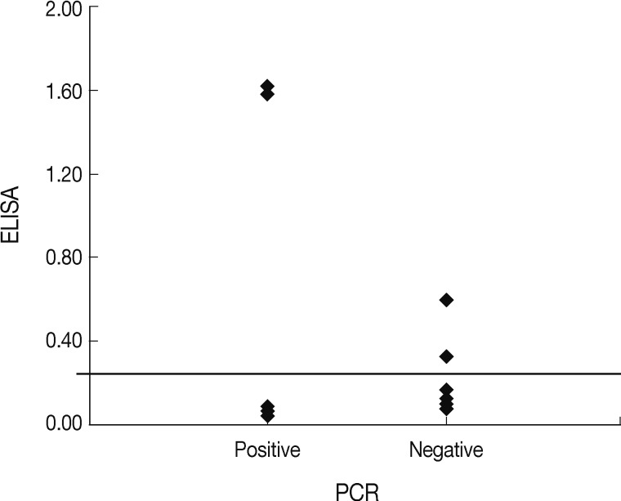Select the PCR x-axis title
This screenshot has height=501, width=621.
(x=357, y=491)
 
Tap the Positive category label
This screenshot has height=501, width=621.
(x=267, y=450)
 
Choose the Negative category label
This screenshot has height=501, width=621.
(x=446, y=450)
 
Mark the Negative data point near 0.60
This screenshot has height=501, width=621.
(x=446, y=300)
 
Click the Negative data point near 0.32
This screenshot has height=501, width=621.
(x=446, y=356)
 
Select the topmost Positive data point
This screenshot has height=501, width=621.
(x=267, y=86)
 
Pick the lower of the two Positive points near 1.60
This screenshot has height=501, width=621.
(x=267, y=95)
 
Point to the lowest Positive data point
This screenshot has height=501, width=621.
(x=267, y=416)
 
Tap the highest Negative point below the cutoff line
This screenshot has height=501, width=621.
(x=446, y=390)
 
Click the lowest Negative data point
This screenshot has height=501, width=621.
(x=446, y=409)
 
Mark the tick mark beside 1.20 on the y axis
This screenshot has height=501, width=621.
(x=85, y=174)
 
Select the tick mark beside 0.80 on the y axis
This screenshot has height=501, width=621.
(x=85, y=257)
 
